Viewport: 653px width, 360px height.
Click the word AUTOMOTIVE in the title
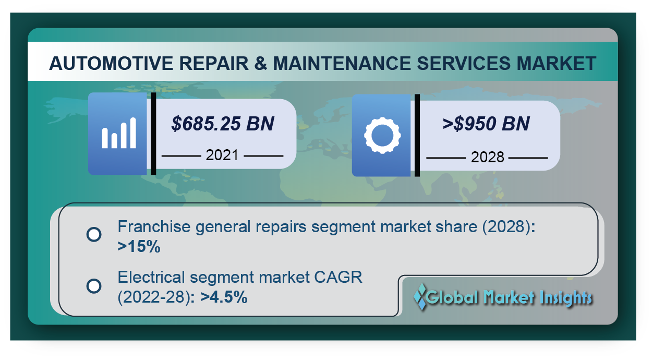click(x=111, y=63)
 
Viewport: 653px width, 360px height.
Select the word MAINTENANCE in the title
click(x=342, y=63)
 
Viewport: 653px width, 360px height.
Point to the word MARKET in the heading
click(x=556, y=63)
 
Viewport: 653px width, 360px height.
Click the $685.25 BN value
click(x=223, y=124)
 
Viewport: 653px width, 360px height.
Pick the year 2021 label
click(x=222, y=155)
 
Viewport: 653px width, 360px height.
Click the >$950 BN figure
click(x=486, y=124)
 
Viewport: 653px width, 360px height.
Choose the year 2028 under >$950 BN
click(x=488, y=157)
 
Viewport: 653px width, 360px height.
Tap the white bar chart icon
click(x=119, y=133)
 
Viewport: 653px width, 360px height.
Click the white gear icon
click(x=382, y=135)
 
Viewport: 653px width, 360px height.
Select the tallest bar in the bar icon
click(x=133, y=133)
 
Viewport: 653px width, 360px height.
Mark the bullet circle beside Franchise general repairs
click(x=94, y=234)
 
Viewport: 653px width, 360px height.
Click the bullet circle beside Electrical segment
click(x=94, y=286)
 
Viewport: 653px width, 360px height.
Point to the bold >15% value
click(x=139, y=247)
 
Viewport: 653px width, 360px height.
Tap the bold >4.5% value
click(x=224, y=297)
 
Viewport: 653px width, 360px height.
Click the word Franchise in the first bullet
click(x=154, y=226)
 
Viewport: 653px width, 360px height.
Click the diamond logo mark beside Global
click(x=420, y=296)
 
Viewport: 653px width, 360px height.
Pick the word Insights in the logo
click(x=566, y=298)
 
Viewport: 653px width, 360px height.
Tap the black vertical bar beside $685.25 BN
click(x=153, y=134)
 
